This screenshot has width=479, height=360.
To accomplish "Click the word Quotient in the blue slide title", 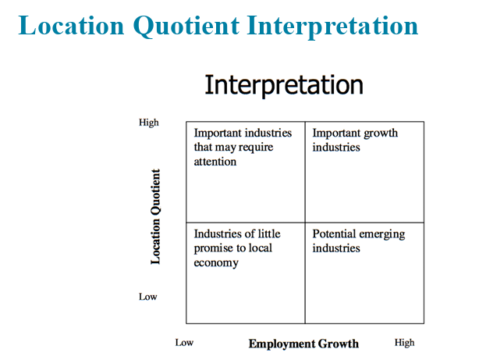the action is click(186, 27).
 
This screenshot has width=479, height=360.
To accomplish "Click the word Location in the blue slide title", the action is click(71, 26).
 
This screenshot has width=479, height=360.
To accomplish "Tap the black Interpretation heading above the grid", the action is click(284, 85).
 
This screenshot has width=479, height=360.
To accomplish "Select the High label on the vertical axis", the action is click(149, 123).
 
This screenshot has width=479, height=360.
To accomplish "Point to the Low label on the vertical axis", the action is click(148, 297).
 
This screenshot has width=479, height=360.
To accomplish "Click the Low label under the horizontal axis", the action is click(184, 343).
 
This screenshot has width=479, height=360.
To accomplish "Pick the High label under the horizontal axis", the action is click(404, 343).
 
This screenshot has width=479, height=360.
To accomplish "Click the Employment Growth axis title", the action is click(303, 344).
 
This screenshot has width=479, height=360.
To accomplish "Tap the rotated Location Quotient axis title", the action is click(155, 216).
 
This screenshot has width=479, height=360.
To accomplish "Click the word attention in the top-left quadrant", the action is click(215, 162).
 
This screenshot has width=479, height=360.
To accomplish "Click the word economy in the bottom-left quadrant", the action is click(216, 263).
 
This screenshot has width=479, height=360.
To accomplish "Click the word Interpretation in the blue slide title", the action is click(332, 27).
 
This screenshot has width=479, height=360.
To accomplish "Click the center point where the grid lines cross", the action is click(305, 223).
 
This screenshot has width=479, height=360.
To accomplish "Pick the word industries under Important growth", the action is click(336, 148).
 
